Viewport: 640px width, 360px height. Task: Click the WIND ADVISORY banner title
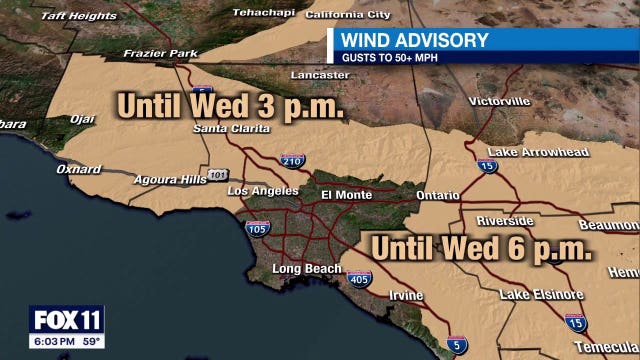415,40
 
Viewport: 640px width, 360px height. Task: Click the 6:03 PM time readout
53,341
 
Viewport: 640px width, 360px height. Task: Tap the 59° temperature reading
91,341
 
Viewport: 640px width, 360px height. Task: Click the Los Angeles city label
263,191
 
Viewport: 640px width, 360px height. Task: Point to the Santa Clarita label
231,129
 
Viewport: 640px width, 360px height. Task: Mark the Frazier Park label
149,54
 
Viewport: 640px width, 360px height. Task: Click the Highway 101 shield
218,175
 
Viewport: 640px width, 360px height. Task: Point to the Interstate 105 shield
257,229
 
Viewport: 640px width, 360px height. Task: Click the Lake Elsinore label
542,295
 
